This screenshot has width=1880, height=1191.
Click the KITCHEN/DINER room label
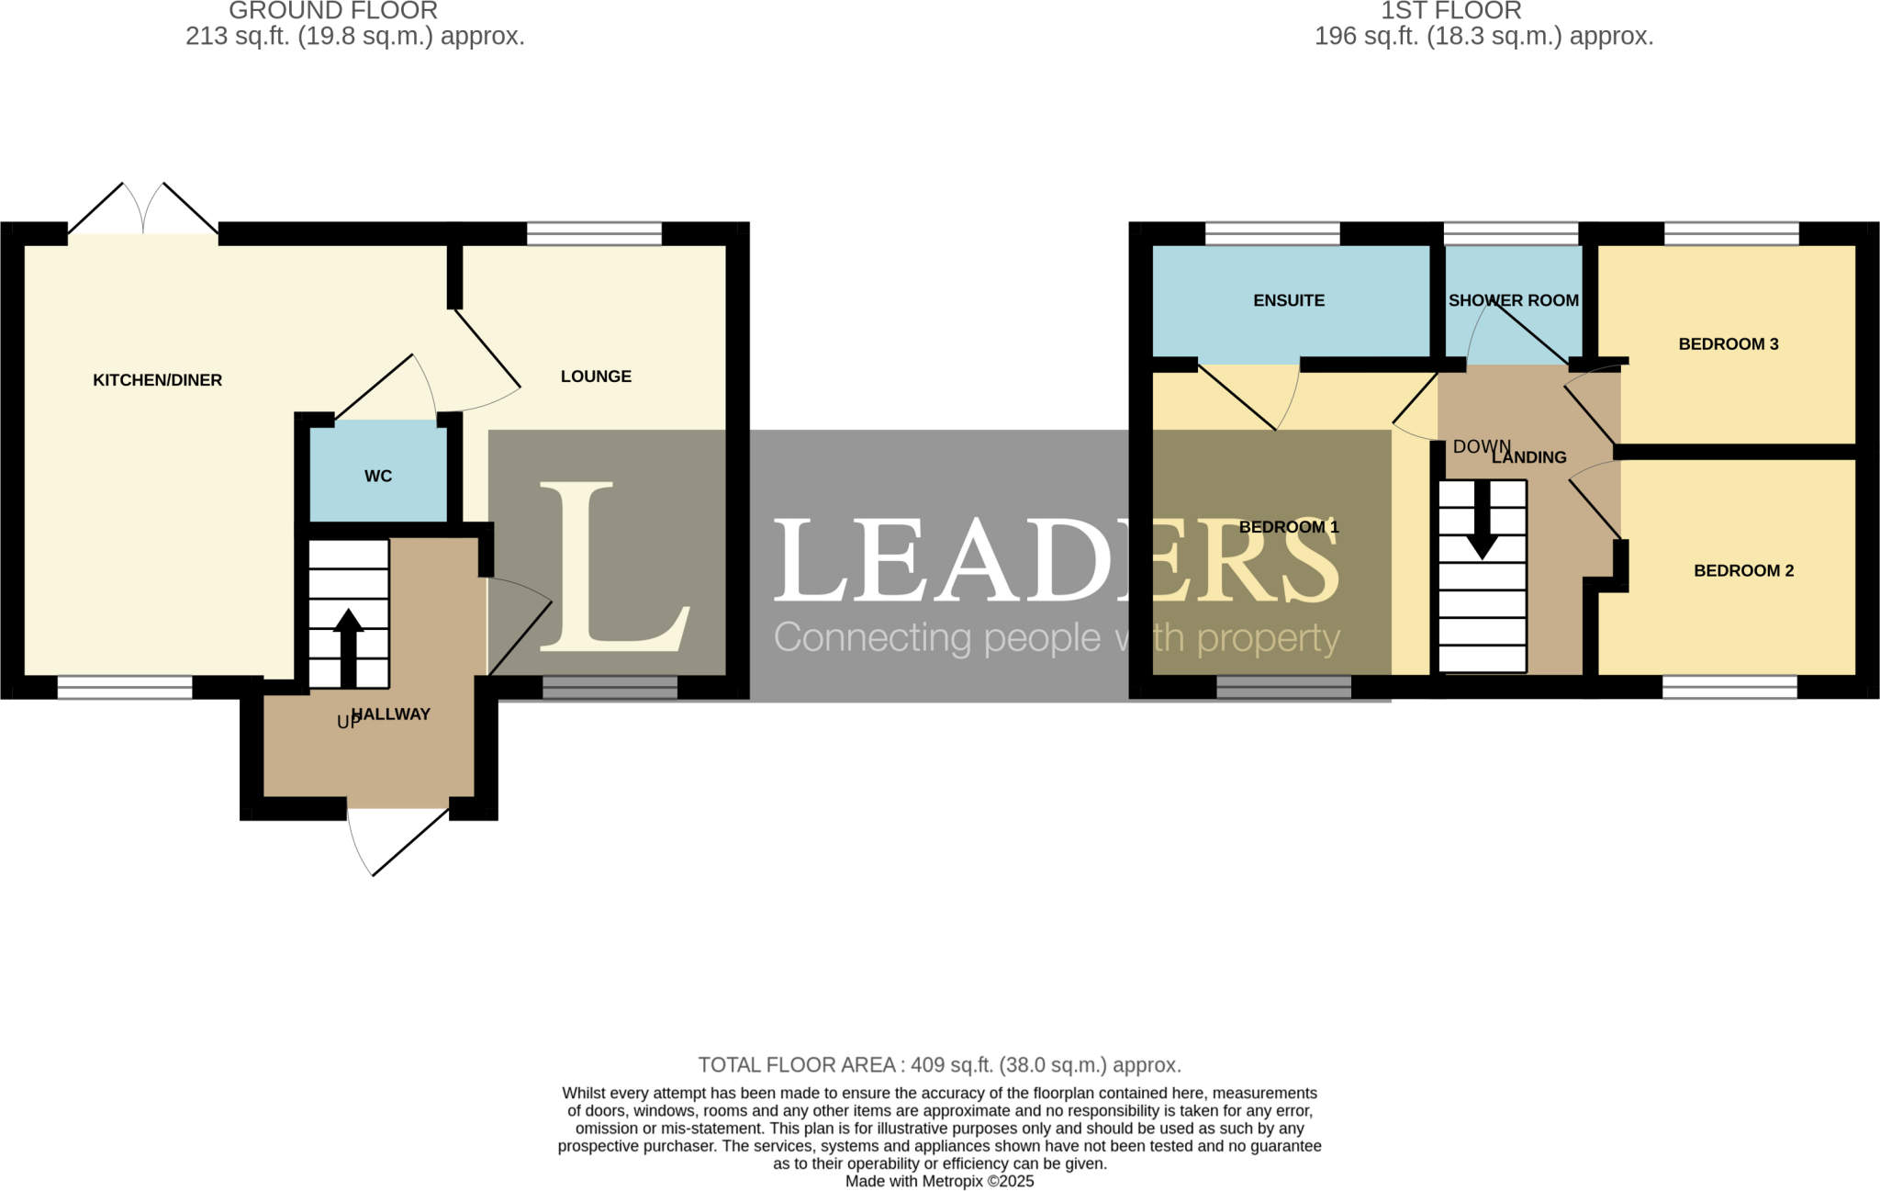157,380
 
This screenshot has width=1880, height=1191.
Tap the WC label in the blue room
377,476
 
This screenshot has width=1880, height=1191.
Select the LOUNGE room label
596,376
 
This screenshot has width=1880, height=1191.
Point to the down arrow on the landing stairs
1482,520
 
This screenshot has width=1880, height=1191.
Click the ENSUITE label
1289,300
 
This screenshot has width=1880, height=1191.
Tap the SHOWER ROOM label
1513,300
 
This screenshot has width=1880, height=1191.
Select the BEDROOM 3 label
1728,344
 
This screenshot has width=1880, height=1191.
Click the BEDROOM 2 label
1743,570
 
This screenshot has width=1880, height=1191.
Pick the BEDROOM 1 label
1288,527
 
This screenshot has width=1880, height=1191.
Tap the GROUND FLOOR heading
332,11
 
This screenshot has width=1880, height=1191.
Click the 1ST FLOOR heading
1450,11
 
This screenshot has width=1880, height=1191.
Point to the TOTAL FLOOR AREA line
939,1065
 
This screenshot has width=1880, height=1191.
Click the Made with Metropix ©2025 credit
939,1181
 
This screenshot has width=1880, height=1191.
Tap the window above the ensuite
1272,233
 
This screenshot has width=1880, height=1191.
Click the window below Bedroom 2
1729,687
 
